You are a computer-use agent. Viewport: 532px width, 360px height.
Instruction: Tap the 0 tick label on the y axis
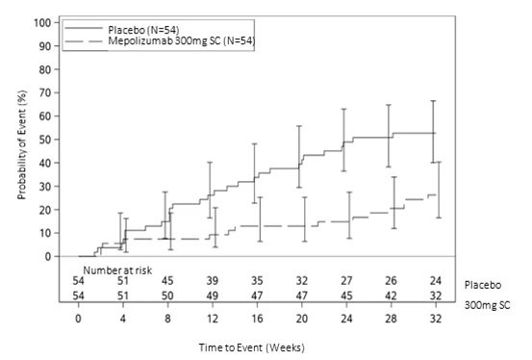pyautogui.click(x=48, y=256)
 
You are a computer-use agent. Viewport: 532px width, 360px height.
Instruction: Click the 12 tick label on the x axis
pyautogui.click(x=213, y=319)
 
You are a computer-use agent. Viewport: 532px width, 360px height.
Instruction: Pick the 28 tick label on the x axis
pyautogui.click(x=391, y=319)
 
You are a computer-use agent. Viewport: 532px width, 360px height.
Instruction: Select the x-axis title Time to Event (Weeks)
pyautogui.click(x=252, y=347)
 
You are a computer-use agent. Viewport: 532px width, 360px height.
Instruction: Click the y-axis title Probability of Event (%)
pyautogui.click(x=22, y=145)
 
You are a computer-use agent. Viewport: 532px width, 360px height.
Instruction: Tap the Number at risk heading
pyautogui.click(x=117, y=270)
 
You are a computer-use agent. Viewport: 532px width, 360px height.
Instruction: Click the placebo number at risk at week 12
pyautogui.click(x=213, y=281)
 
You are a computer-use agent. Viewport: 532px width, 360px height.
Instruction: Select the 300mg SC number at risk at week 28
pyautogui.click(x=391, y=296)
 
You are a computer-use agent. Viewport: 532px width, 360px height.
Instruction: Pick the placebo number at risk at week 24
pyautogui.click(x=346, y=281)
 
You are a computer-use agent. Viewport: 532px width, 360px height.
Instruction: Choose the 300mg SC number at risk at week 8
pyautogui.click(x=167, y=296)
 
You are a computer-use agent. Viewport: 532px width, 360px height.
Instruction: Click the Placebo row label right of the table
pyautogui.click(x=483, y=285)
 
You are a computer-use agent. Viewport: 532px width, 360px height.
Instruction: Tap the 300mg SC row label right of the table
pyautogui.click(x=487, y=305)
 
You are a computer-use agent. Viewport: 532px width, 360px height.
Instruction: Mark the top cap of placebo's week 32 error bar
pyautogui.click(x=433, y=101)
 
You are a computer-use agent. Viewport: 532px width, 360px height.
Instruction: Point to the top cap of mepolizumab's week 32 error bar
pyautogui.click(x=439, y=162)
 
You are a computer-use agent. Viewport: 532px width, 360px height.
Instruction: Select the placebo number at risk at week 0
pyautogui.click(x=78, y=281)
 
